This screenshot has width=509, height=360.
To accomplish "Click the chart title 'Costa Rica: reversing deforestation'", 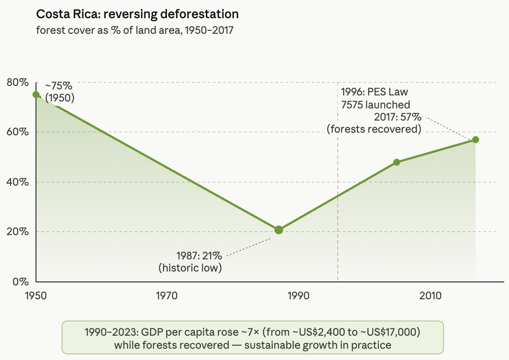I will point(137,14).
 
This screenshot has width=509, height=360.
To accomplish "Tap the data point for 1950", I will point(36,95).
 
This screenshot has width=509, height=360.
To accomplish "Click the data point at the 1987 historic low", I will point(279,230).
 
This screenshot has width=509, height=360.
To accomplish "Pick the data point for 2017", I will point(476,140).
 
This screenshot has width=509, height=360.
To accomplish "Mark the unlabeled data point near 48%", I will point(396,162).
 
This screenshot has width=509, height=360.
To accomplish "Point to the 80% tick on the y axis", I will point(17,82).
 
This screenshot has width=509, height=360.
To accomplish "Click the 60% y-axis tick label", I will point(17,132).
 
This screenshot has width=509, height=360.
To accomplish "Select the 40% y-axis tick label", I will point(17,182).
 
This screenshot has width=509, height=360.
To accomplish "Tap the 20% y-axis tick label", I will point(17,232).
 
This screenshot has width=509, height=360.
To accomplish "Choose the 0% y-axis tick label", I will point(20,281).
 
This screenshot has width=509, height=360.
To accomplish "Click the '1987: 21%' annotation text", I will point(199,255).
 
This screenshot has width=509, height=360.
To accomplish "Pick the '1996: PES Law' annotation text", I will point(374,92).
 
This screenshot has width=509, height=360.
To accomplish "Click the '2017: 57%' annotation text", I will point(397,117).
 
